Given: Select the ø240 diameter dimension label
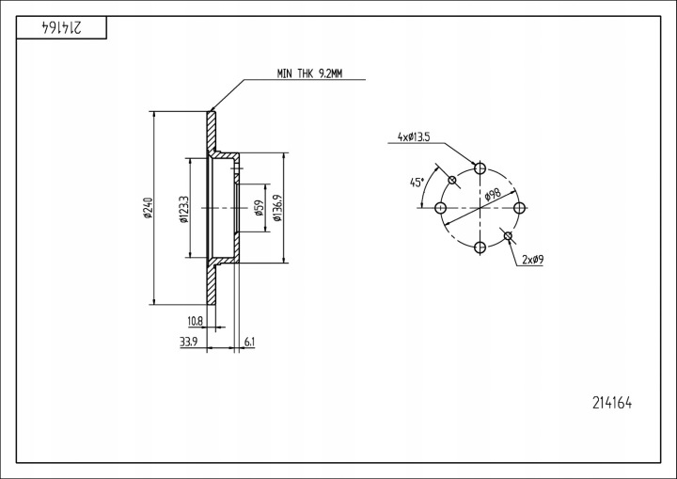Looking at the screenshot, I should coord(149,208).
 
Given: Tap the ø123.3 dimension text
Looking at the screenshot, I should coord(184,208).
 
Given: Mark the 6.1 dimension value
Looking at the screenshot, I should coord(249,342).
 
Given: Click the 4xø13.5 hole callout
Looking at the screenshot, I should coord(414,137).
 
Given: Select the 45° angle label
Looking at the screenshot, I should coord(417,182).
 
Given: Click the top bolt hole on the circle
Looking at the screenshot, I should coord(480,168).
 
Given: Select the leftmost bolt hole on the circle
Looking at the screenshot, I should coord(440,208).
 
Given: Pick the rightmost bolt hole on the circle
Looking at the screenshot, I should coord(520,208).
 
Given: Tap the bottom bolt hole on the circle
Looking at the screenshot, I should coord(480,247).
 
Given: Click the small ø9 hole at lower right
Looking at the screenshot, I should coord(508,235).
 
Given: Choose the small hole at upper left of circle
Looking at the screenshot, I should coord(453,181).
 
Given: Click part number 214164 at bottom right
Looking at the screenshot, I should coord(612,403).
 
